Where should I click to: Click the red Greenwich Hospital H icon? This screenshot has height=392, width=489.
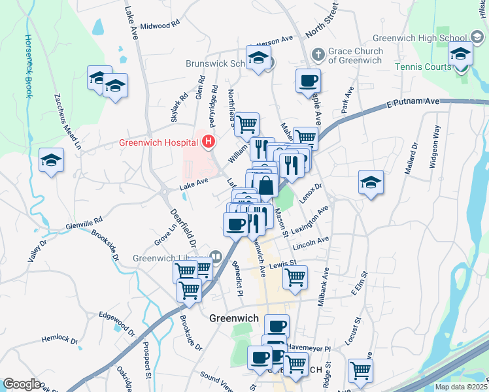tap(209, 141)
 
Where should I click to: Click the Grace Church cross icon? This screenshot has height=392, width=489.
tap(318, 54)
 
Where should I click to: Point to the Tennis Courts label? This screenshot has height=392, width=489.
tap(420, 67)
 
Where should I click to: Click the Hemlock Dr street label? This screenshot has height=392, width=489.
tap(59, 340)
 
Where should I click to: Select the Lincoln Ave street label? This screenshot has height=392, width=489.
tap(311, 243)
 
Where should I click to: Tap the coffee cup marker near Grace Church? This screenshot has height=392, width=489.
tap(308, 82)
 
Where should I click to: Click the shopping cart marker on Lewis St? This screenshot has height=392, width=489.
tap(295, 277)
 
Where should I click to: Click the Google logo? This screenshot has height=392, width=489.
tap(22, 384)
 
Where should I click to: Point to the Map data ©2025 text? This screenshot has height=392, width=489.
tap(462, 387)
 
